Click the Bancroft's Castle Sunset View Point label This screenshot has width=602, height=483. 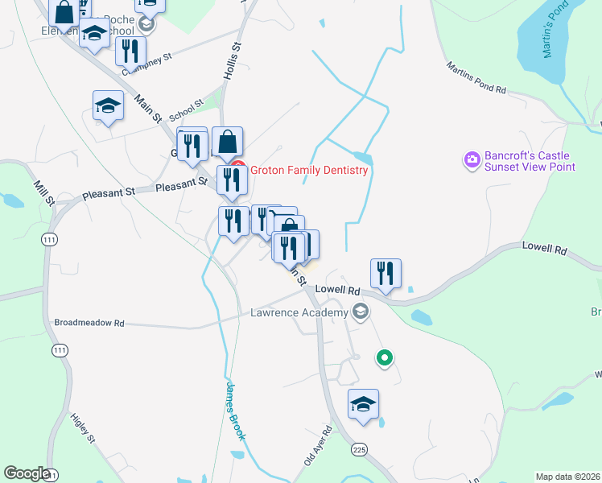point(530,161)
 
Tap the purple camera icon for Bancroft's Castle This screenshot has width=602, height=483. point(471,160)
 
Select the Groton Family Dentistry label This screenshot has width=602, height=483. point(309,170)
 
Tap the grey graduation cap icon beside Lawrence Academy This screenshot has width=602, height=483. point(361,312)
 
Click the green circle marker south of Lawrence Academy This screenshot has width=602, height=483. point(385,357)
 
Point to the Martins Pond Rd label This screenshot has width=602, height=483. point(476,78)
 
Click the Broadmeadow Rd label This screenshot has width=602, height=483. point(89,323)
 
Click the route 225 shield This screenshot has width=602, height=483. point(358,449)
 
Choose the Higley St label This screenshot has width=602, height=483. point(83,429)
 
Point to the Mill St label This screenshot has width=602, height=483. point(43,193)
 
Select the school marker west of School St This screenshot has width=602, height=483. point(108,105)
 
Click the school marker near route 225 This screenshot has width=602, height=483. point(364,404)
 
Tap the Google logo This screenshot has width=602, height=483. point(27,473)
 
